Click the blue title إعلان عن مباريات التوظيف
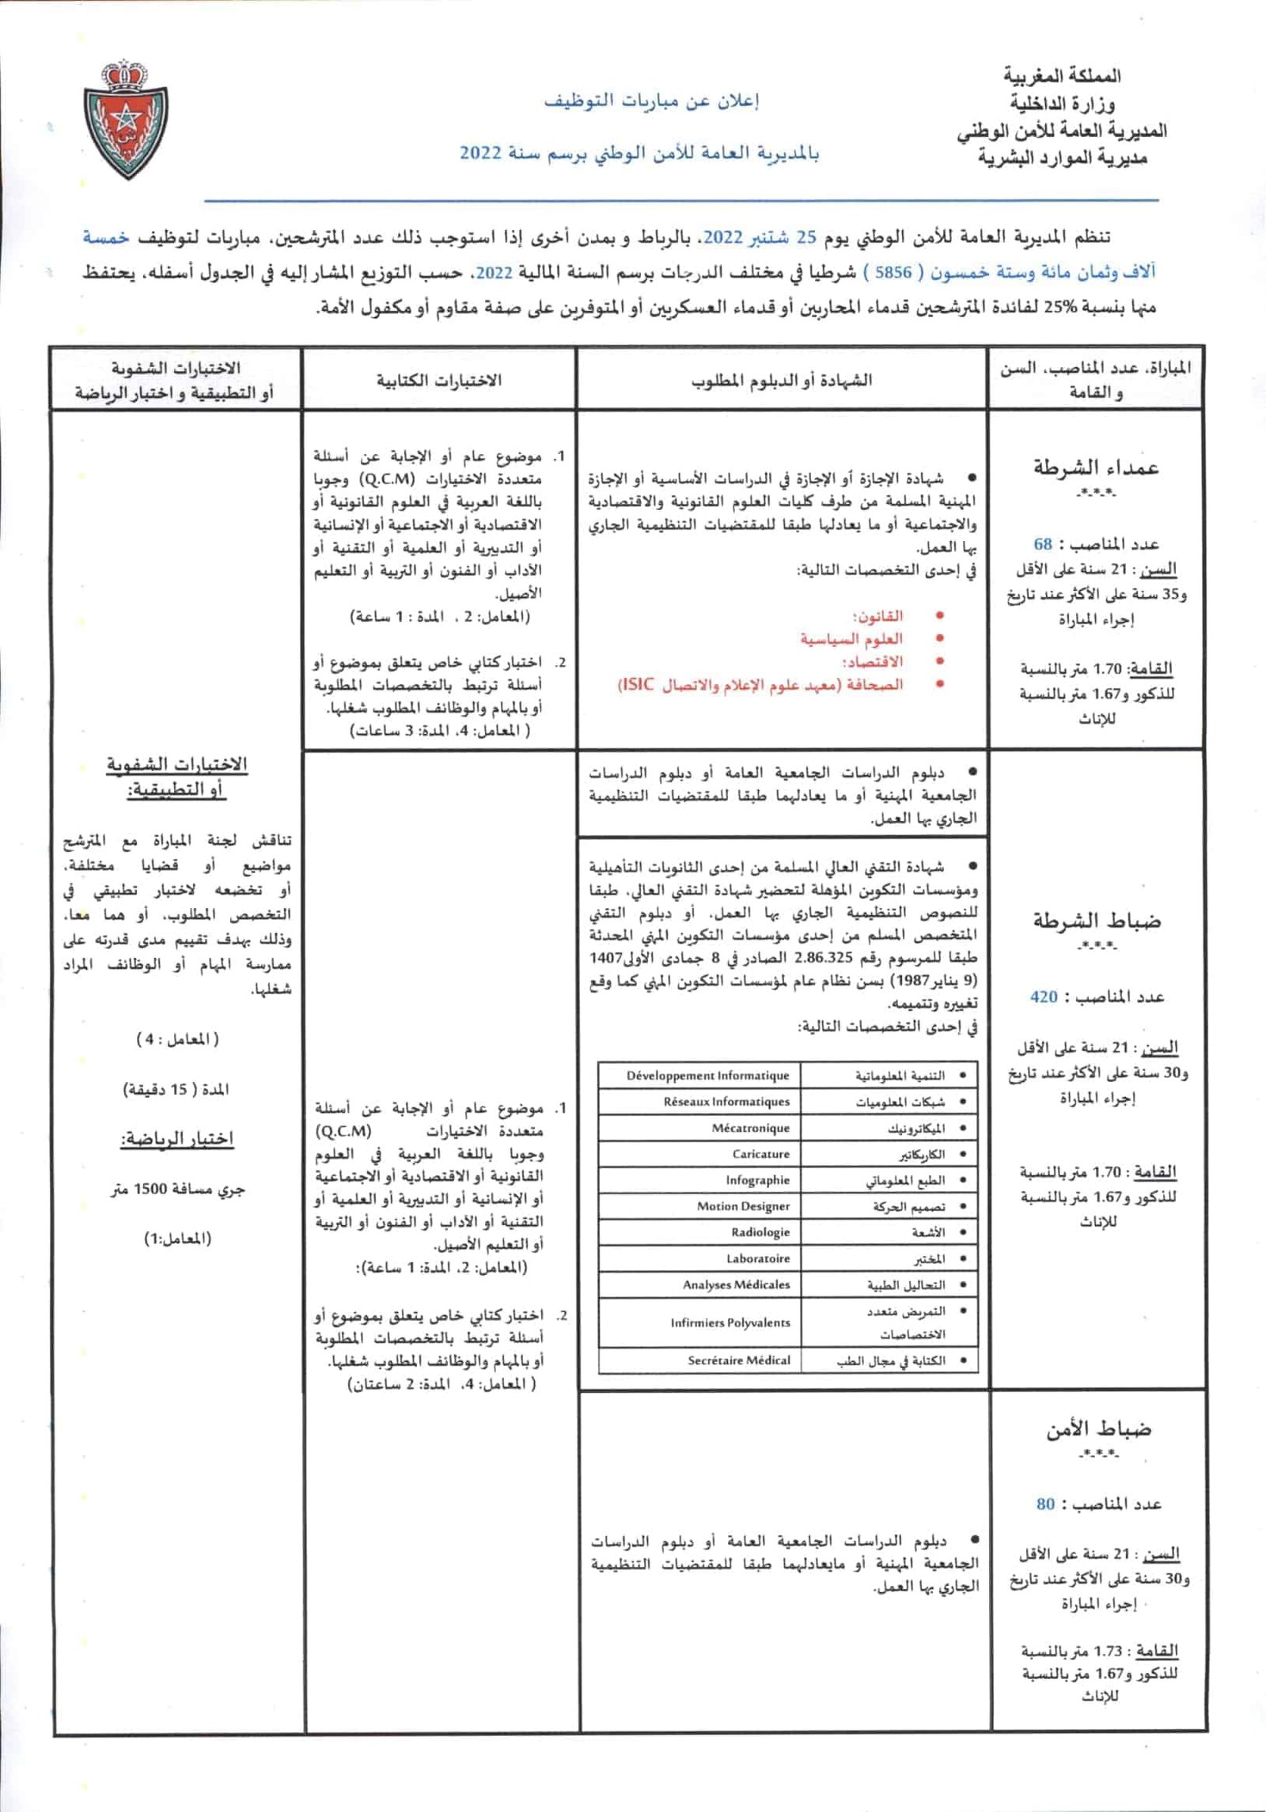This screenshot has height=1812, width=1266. pyautogui.click(x=651, y=101)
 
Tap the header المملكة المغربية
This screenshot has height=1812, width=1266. pyautogui.click(x=1063, y=77)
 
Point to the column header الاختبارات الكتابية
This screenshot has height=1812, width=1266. pyautogui.click(x=439, y=380)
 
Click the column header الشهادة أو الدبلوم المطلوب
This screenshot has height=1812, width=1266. pyautogui.click(x=782, y=380)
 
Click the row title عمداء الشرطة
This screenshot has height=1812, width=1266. pyautogui.click(x=1096, y=467)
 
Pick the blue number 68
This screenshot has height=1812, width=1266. pyautogui.click(x=1043, y=544)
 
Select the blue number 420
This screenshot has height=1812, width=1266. pyautogui.click(x=1044, y=997)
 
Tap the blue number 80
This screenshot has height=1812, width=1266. pyautogui.click(x=1045, y=1504)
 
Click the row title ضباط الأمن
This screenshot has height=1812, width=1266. pyautogui.click(x=1099, y=1428)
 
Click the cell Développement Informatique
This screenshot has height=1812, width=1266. pyautogui.click(x=707, y=1076)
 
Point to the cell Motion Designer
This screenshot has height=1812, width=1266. pyautogui.click(x=743, y=1206)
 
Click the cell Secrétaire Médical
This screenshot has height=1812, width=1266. pyautogui.click(x=738, y=1360)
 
